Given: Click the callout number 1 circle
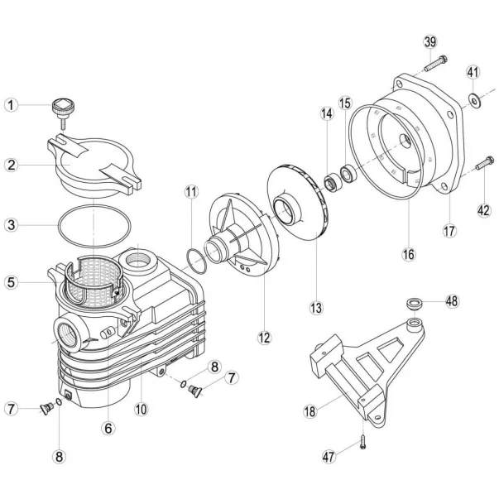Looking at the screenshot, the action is click(x=11, y=105).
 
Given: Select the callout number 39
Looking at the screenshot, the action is click(x=430, y=42).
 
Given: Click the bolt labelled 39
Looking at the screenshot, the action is click(x=435, y=64).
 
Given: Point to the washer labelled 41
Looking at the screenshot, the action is click(x=474, y=101).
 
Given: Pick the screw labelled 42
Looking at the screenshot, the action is click(x=485, y=163).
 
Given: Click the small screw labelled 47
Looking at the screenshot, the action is click(x=362, y=442).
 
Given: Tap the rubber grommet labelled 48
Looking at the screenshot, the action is click(x=415, y=303).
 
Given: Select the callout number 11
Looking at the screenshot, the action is click(x=192, y=192).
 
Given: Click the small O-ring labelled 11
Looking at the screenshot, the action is click(x=196, y=261).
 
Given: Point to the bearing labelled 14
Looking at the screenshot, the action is click(x=333, y=182).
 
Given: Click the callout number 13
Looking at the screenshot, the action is click(x=316, y=308).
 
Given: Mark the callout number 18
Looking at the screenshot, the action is click(x=310, y=411).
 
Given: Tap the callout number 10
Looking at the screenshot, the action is click(x=141, y=410).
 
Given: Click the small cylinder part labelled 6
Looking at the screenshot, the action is click(x=109, y=333).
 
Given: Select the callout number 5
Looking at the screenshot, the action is click(x=11, y=282).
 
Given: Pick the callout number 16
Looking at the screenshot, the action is click(x=409, y=254).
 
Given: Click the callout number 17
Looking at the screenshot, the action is click(x=449, y=230).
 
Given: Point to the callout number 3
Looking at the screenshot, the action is click(x=11, y=225).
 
